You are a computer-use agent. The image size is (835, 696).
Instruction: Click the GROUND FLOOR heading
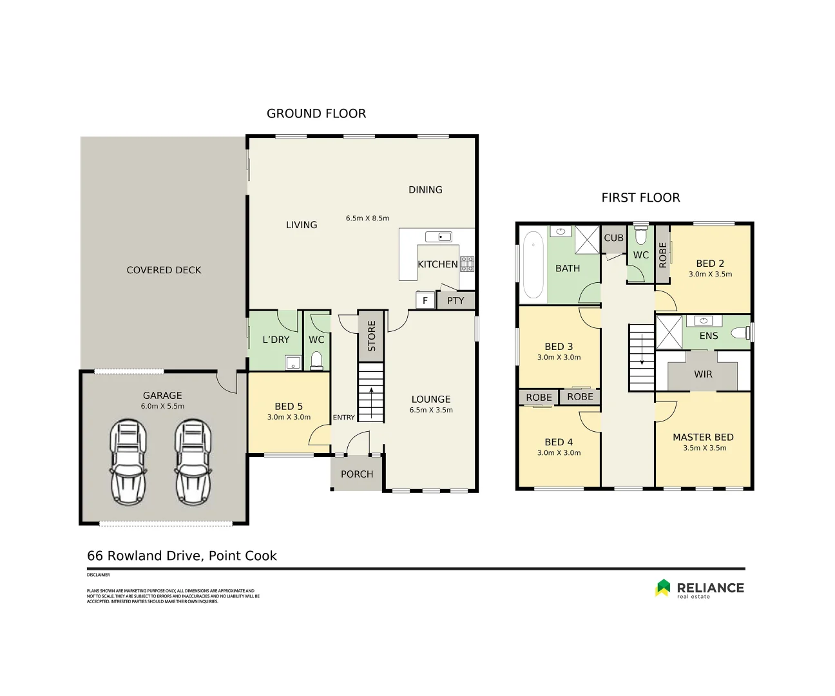coord(316,114)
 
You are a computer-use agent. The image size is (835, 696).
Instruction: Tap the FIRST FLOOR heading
coord(640,198)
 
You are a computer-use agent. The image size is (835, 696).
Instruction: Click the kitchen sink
coord(439,237)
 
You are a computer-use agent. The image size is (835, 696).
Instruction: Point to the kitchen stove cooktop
coord(466,264)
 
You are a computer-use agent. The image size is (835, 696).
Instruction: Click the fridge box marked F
coord(425,301)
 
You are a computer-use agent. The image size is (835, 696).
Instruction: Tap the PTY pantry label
coord(456,301)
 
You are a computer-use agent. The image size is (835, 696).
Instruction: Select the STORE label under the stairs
coord(371,336)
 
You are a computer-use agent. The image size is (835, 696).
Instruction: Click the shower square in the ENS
coord(668,333)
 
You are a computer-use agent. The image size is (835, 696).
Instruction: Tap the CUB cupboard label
coord(613,238)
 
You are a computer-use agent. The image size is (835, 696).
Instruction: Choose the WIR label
coord(703,374)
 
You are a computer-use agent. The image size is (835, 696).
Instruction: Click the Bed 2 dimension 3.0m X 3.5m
coord(710,274)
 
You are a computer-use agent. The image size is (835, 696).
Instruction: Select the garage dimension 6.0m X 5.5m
coord(162,406)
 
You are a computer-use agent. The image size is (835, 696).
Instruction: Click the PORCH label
coord(357,474)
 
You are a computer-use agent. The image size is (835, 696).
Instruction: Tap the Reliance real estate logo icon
coord(663,588)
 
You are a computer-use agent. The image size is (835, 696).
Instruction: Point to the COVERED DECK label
coord(164,270)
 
